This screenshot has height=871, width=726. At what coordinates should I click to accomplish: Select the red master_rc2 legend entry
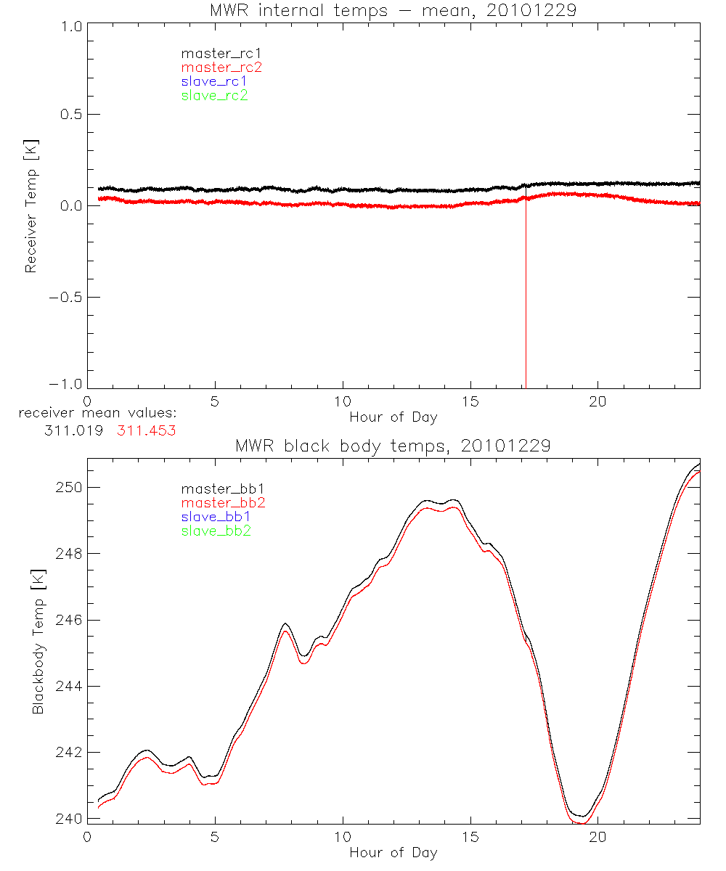(221, 67)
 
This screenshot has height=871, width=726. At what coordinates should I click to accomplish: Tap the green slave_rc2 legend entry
(214, 95)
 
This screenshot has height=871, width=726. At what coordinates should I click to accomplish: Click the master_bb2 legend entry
(224, 502)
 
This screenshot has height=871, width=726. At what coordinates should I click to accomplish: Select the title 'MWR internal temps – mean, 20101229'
(393, 10)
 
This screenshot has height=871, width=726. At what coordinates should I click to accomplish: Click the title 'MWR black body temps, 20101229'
(393, 446)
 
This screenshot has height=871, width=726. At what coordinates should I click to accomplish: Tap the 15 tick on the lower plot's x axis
(470, 836)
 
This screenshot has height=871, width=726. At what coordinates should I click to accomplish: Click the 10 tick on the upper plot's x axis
(343, 401)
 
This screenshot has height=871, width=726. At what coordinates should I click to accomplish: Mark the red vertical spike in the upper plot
(525, 305)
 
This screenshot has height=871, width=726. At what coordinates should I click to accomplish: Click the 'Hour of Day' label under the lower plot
(393, 853)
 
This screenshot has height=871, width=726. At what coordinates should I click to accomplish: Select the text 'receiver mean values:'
(97, 414)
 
